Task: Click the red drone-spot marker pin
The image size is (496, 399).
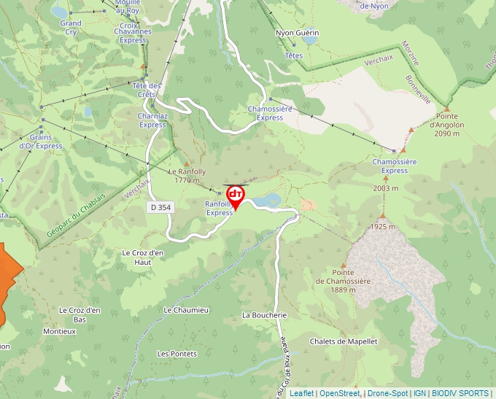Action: click(x=236, y=195)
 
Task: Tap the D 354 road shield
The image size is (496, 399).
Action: click(x=162, y=207)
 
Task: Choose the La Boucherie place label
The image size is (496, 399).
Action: click(x=264, y=315)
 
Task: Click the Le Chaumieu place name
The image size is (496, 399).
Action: click(x=186, y=310)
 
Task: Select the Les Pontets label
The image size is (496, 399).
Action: click(x=177, y=354)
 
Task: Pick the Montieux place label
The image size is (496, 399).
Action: click(x=60, y=331)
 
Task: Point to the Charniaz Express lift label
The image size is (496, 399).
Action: click(x=152, y=120)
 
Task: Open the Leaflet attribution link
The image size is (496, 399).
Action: click(x=301, y=393)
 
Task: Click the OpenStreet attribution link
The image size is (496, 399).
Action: click(x=339, y=393)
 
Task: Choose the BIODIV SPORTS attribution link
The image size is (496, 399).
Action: click(x=460, y=393)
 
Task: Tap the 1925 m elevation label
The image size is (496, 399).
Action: click(x=381, y=228)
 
